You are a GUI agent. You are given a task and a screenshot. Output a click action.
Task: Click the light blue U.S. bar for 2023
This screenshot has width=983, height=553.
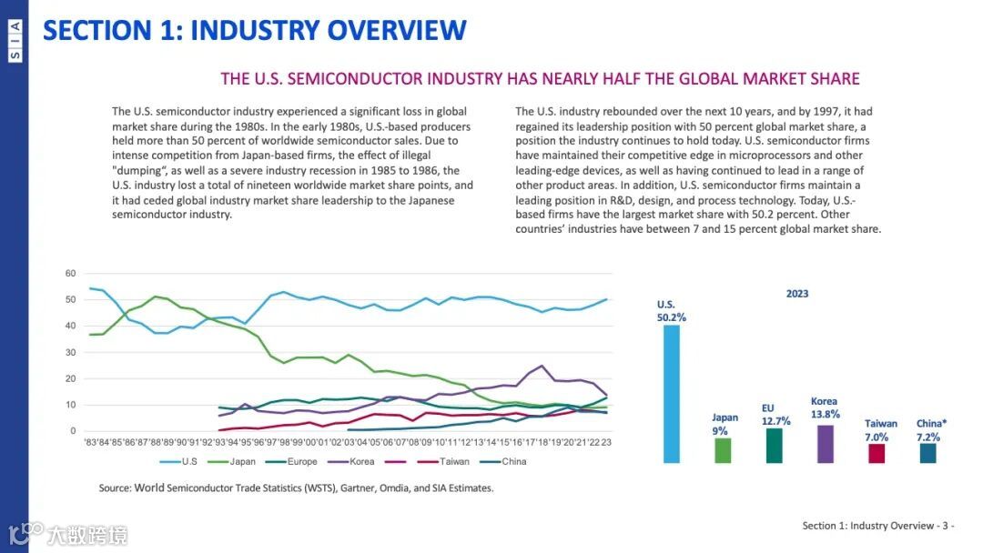(x=672, y=394)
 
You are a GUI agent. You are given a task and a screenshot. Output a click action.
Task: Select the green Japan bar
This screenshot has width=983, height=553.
(x=723, y=450)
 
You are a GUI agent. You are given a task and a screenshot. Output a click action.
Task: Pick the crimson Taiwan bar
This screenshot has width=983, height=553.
(x=877, y=453)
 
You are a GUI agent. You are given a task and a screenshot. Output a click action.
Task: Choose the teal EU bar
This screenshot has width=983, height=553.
(x=774, y=446)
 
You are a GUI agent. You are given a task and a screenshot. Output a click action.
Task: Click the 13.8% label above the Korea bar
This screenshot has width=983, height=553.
(x=824, y=414)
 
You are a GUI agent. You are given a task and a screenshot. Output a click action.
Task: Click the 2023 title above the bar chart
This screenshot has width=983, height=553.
(x=797, y=294)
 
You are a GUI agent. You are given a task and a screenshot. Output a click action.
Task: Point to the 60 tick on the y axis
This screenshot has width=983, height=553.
(x=70, y=273)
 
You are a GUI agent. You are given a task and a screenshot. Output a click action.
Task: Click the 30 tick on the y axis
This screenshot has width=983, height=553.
(x=70, y=352)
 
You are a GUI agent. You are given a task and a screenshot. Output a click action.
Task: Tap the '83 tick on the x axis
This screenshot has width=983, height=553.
(x=92, y=442)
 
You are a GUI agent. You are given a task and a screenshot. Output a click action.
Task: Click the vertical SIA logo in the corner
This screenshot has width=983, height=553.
(x=15, y=42)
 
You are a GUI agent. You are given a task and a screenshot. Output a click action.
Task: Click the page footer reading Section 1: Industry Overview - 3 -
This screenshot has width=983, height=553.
(x=877, y=526)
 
